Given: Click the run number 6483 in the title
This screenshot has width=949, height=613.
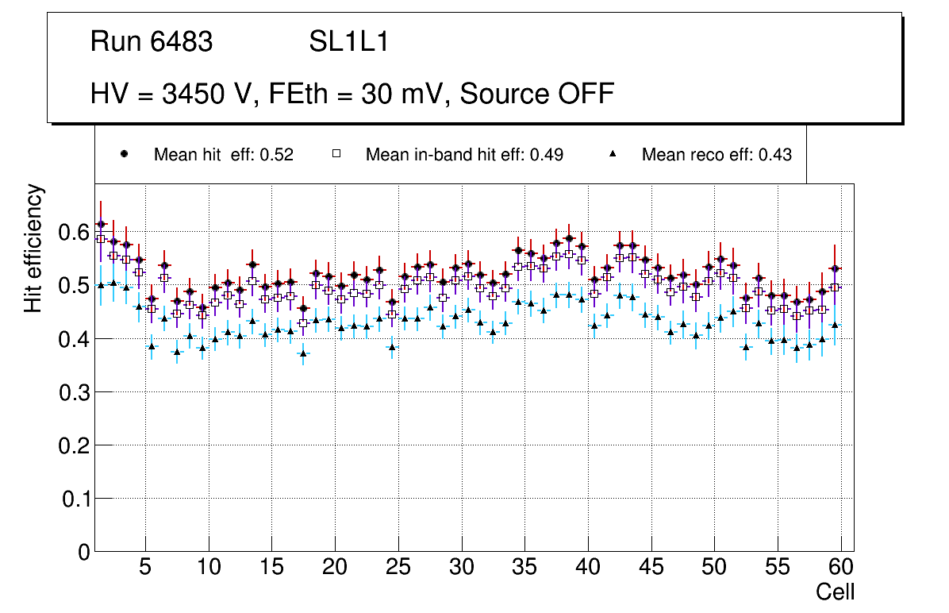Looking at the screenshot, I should click(x=182, y=42).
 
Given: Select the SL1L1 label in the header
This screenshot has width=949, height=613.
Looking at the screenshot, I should click(x=349, y=42).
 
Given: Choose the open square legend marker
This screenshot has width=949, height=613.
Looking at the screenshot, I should click(x=336, y=155).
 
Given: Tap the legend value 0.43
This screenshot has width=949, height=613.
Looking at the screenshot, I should click(x=774, y=155).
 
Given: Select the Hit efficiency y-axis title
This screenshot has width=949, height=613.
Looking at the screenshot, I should click(x=33, y=248).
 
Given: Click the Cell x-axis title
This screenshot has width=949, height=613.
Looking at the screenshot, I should click(x=836, y=592).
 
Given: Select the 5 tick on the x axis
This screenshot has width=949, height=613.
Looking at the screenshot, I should click(x=145, y=568).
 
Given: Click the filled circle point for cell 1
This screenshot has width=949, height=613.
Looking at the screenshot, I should click(x=101, y=225).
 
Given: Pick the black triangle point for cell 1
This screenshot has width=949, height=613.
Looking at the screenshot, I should click(x=101, y=284).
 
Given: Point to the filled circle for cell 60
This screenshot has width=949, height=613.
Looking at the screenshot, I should click(x=835, y=268).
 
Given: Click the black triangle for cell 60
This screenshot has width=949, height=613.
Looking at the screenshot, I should click(x=835, y=325).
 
